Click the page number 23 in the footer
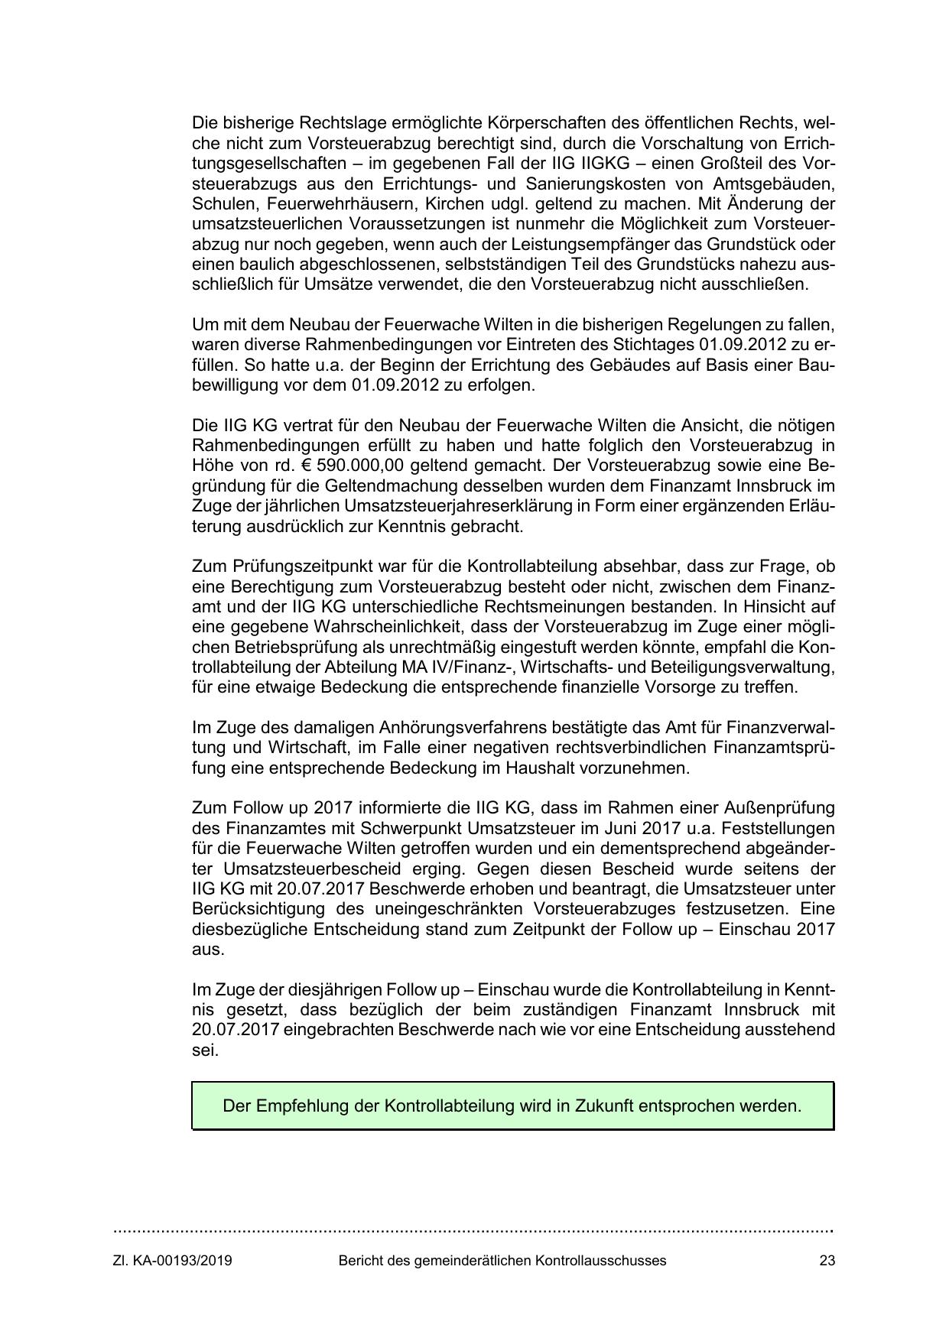tap(826, 1261)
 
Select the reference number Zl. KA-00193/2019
tap(173, 1261)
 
